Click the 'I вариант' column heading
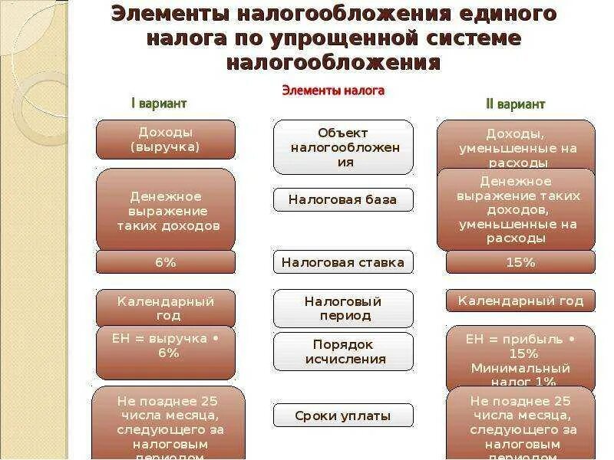click(159, 103)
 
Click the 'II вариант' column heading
click(514, 104)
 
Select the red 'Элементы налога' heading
click(333, 90)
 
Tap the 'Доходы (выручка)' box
click(166, 140)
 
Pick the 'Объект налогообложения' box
click(344, 147)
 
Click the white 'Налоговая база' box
click(344, 199)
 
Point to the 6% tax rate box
click(166, 262)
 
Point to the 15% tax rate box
click(520, 262)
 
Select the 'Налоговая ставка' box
click(344, 262)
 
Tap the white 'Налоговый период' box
click(344, 308)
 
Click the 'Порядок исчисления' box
click(344, 351)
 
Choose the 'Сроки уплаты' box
click(344, 416)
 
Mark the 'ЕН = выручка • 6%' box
click(166, 351)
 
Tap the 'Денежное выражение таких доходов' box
click(166, 210)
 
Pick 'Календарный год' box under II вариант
click(520, 301)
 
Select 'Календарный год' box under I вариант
click(166, 308)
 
